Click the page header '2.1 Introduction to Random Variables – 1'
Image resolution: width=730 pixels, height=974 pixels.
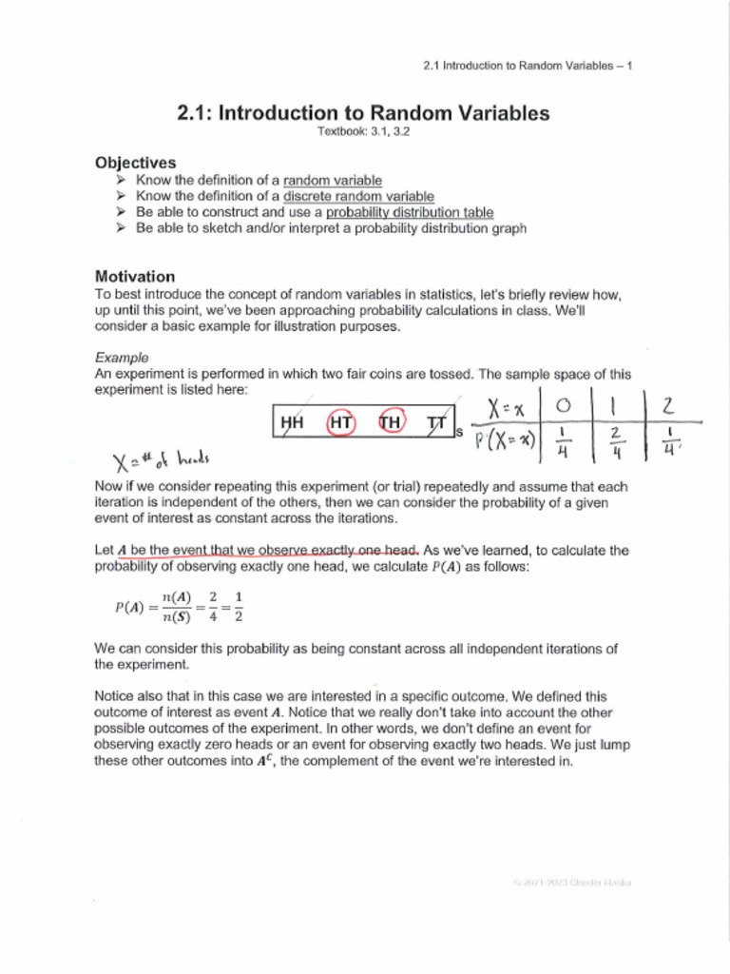tap(527, 66)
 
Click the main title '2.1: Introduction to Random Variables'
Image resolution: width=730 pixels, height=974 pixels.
tap(363, 113)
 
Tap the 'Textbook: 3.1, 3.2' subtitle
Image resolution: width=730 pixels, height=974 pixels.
tap(363, 132)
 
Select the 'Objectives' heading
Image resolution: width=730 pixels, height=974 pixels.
tap(135, 163)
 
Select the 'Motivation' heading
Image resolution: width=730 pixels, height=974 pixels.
tap(135, 277)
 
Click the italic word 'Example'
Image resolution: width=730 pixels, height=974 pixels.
tap(122, 359)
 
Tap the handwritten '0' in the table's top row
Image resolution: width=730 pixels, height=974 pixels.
tap(565, 406)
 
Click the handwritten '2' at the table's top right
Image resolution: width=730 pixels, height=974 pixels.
tap(668, 406)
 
